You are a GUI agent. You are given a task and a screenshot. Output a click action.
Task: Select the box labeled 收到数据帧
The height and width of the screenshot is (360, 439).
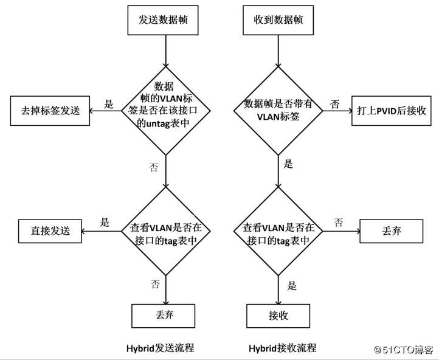pos(278,20)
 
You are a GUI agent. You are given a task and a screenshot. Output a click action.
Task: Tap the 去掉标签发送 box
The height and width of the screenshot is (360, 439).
pos(50,111)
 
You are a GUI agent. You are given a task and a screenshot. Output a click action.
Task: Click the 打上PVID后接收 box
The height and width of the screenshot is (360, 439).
pos(390,111)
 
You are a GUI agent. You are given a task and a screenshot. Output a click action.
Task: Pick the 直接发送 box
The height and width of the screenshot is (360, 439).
pos(50,230)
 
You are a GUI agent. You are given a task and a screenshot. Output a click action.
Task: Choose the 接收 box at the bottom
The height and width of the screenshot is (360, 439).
pos(278,316)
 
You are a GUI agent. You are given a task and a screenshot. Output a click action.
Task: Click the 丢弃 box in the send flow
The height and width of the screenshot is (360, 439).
pos(164,316)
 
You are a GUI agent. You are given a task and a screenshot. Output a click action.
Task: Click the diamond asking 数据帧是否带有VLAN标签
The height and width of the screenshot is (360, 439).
pos(278,111)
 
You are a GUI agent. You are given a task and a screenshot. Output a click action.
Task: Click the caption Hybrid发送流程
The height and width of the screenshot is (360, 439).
pos(164,348)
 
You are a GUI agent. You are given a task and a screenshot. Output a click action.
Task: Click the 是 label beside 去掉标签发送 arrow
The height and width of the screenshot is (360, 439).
pos(109,104)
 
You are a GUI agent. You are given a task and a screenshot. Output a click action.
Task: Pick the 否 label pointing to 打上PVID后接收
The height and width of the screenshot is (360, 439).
pos(334,104)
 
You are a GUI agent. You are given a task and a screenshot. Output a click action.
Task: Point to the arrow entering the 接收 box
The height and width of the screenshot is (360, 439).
pos(278,291)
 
